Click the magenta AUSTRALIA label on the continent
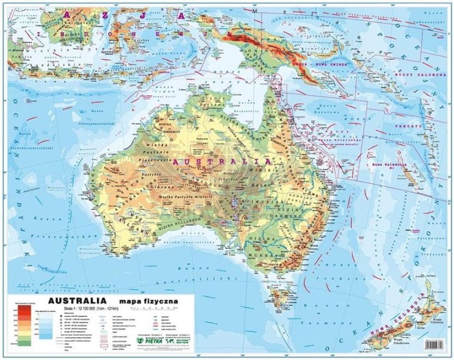(x=220, y=162)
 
